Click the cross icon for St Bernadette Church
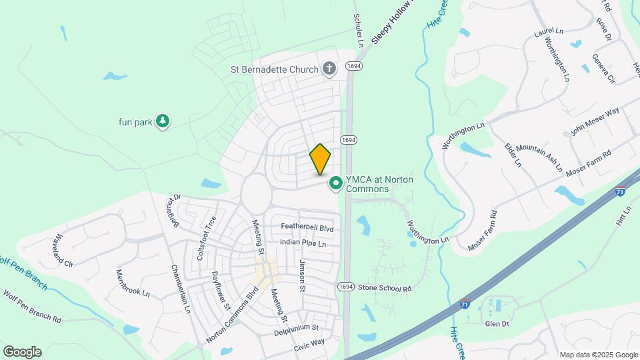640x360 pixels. click(329, 68)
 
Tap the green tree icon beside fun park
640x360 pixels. click(163, 121)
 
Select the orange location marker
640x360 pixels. click(321, 159)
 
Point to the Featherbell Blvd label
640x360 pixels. click(307, 228)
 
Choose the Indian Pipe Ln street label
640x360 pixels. click(303, 243)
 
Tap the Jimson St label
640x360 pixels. click(302, 275)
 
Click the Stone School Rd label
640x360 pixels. click(385, 288)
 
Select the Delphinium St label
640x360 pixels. click(296, 329)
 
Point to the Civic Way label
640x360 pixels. click(309, 344)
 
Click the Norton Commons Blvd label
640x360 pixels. click(232, 315)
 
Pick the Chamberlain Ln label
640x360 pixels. click(181, 290)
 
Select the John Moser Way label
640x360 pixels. click(595, 121)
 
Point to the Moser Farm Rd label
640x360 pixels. click(483, 231)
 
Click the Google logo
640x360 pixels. click(22, 351)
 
